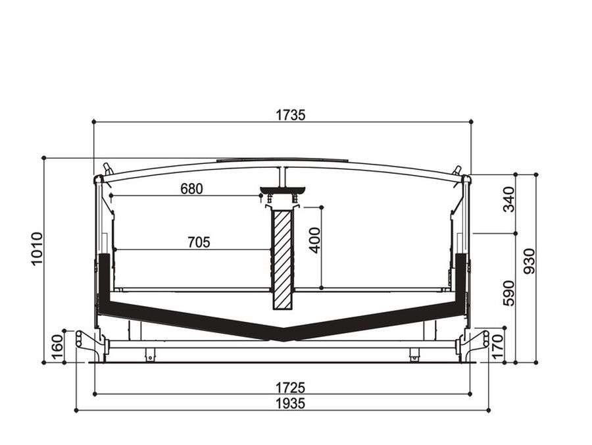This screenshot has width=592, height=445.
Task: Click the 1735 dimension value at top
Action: (290, 115)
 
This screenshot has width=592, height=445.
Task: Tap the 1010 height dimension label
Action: (37, 249)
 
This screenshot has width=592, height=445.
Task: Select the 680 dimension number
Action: (191, 188)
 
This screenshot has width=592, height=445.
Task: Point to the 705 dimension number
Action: (199, 242)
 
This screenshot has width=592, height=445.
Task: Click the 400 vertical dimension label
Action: (314, 240)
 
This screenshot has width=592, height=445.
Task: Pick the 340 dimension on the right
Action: (508, 199)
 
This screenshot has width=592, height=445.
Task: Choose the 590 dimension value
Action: (508, 293)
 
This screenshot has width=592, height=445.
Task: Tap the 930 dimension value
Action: (530, 261)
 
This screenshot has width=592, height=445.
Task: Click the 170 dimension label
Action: (497, 346)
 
